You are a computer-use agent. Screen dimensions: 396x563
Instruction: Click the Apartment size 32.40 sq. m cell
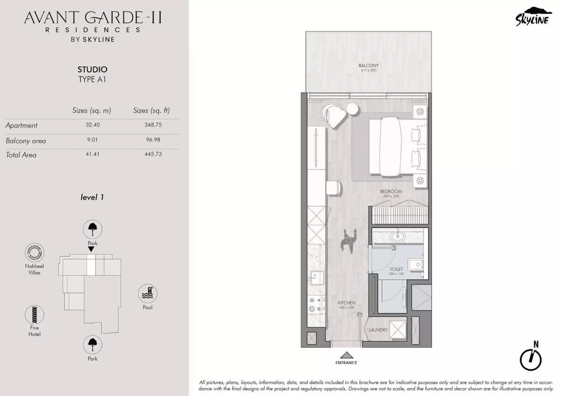[93, 125]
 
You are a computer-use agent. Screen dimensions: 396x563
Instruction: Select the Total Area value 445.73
[153, 154]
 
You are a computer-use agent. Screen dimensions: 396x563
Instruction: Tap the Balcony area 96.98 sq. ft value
[153, 140]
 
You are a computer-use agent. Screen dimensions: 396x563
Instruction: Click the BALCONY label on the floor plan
[368, 65]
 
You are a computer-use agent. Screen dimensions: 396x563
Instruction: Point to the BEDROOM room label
[391, 192]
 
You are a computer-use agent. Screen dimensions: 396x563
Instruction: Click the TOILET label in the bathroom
[396, 269]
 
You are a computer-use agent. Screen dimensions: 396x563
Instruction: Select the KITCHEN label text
[346, 303]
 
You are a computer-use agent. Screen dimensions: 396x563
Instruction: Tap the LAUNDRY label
[378, 330]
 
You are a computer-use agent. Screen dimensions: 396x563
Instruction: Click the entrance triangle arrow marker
[346, 355]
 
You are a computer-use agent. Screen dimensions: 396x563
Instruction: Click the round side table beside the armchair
[352, 109]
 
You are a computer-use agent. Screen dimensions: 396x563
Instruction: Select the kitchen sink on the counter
[317, 278]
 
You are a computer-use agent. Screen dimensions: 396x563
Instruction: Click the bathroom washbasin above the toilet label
[398, 236]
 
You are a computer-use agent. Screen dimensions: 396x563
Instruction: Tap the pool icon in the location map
[147, 293]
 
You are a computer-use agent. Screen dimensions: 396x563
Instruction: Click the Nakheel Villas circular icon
[34, 252]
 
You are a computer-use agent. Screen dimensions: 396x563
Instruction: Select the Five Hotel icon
[34, 315]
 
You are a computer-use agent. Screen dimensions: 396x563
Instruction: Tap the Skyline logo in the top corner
[533, 17]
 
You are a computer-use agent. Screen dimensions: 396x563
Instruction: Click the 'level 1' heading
[92, 197]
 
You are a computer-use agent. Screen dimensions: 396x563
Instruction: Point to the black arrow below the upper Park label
[91, 249]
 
